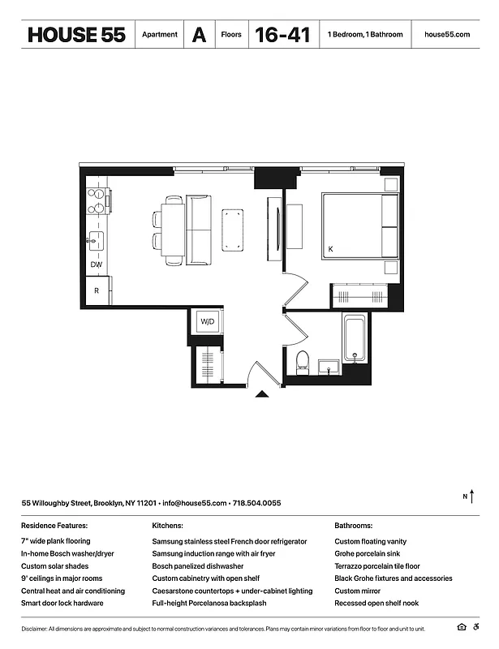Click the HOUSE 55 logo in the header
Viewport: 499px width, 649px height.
(x=75, y=35)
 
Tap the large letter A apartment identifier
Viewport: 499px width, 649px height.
(x=199, y=35)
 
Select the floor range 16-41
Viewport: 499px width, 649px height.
(x=282, y=35)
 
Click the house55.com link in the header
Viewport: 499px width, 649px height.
(x=447, y=35)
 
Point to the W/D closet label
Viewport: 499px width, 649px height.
(x=207, y=322)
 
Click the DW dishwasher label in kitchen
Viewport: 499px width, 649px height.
(x=97, y=265)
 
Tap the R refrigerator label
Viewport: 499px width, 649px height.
(x=97, y=290)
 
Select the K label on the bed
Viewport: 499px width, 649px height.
(x=330, y=249)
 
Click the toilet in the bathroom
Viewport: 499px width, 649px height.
(x=303, y=360)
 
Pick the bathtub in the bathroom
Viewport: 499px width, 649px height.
(x=354, y=340)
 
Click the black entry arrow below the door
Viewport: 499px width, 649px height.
(x=262, y=394)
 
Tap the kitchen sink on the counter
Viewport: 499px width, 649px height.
(x=97, y=239)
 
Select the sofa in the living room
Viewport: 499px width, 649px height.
(x=198, y=230)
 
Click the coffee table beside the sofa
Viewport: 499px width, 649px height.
(x=233, y=229)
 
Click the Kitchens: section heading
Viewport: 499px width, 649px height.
(x=167, y=526)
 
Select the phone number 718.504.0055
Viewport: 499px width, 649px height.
(x=256, y=503)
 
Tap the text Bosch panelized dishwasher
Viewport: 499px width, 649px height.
(x=198, y=566)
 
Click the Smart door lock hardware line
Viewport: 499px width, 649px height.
(x=62, y=604)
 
